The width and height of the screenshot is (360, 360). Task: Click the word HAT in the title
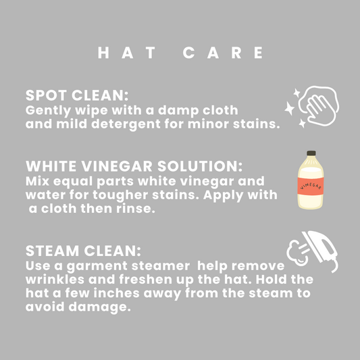pyautogui.click(x=127, y=53)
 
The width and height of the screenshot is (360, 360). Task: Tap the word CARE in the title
pyautogui.click(x=223, y=53)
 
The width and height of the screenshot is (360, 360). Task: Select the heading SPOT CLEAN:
pyautogui.click(x=77, y=95)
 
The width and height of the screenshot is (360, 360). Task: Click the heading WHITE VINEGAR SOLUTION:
pyautogui.click(x=134, y=166)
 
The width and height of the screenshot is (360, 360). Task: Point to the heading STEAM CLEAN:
pyautogui.click(x=83, y=251)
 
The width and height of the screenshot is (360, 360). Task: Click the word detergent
pyautogui.click(x=126, y=125)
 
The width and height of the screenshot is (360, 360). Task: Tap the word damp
pyautogui.click(x=178, y=111)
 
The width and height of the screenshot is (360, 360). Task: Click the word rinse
pyautogui.click(x=136, y=209)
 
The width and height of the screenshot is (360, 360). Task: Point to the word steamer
pyautogui.click(x=161, y=266)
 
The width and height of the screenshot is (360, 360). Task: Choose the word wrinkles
pyautogui.click(x=55, y=280)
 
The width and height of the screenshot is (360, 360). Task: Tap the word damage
pyautogui.click(x=100, y=307)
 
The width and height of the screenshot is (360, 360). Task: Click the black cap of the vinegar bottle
pyautogui.click(x=311, y=153)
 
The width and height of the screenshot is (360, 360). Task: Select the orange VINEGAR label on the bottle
pyautogui.click(x=311, y=186)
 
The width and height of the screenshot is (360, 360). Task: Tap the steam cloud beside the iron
pyautogui.click(x=297, y=253)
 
